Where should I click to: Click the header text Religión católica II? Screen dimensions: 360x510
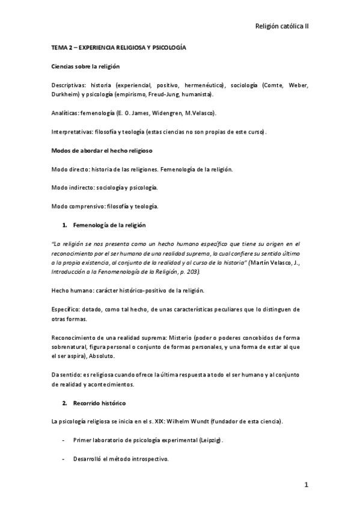pyautogui.click(x=282, y=26)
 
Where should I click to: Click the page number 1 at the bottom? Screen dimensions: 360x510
pyautogui.click(x=306, y=485)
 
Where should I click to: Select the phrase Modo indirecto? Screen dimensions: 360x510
pyautogui.click(x=71, y=187)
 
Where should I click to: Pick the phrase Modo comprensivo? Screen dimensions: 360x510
pyautogui.click(x=75, y=206)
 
